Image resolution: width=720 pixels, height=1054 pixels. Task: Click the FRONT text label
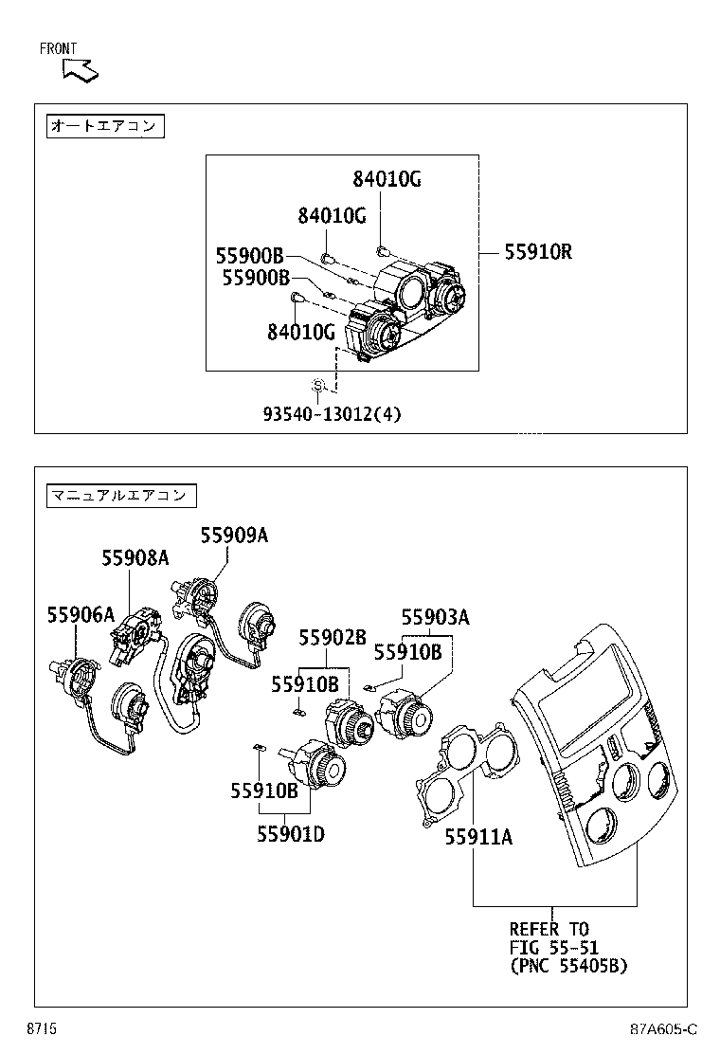(x=59, y=48)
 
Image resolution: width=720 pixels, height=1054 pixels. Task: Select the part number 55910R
(x=537, y=252)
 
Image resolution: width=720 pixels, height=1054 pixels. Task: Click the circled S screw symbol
(x=319, y=386)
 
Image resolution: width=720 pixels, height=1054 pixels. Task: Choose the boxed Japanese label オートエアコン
(x=105, y=126)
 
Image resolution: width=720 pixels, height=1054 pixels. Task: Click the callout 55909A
(x=233, y=536)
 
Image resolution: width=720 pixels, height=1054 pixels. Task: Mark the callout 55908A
(x=135, y=558)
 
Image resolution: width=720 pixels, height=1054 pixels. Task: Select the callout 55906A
(x=81, y=615)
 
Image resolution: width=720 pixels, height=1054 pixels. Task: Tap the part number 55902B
(x=333, y=638)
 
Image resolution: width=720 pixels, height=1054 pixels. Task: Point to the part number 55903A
(x=435, y=618)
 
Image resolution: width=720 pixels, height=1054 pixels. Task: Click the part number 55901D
(x=290, y=834)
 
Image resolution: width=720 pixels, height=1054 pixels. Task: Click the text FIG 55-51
(x=553, y=948)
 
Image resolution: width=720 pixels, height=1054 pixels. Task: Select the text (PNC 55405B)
(x=568, y=966)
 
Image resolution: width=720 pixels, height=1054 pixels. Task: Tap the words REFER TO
(x=549, y=929)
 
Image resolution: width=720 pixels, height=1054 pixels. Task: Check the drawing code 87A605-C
(x=664, y=1029)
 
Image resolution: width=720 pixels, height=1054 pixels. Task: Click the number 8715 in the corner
(x=42, y=1029)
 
